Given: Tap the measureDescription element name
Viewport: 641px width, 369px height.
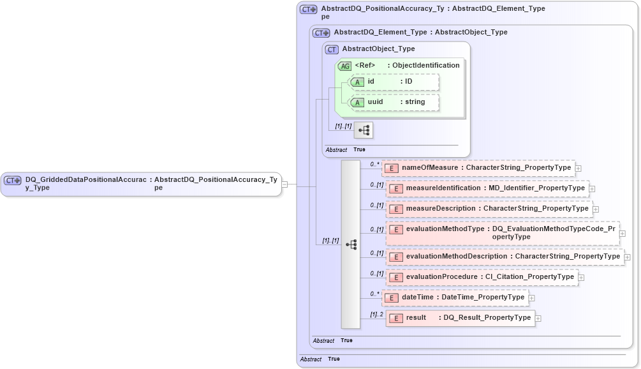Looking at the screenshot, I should click(x=441, y=209).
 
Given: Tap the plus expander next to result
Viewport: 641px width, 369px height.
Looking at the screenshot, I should click(x=538, y=318).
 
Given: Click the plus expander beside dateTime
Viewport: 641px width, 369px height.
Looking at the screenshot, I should click(x=532, y=297).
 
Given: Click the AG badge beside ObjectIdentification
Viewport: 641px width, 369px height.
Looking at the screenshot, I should click(x=344, y=66).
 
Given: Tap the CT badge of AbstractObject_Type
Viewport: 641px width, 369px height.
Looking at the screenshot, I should click(x=332, y=49).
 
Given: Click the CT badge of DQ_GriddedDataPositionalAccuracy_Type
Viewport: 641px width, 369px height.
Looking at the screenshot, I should click(x=13, y=181).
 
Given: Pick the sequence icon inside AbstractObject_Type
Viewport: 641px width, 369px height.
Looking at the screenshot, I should click(x=364, y=130).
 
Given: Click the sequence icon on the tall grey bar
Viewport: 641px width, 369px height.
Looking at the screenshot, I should click(x=351, y=245).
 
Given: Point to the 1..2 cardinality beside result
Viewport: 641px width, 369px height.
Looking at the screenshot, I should click(x=376, y=314).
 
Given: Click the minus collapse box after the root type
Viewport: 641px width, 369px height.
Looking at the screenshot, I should click(x=284, y=184).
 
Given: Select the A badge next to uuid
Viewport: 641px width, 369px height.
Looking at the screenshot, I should click(x=357, y=102).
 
